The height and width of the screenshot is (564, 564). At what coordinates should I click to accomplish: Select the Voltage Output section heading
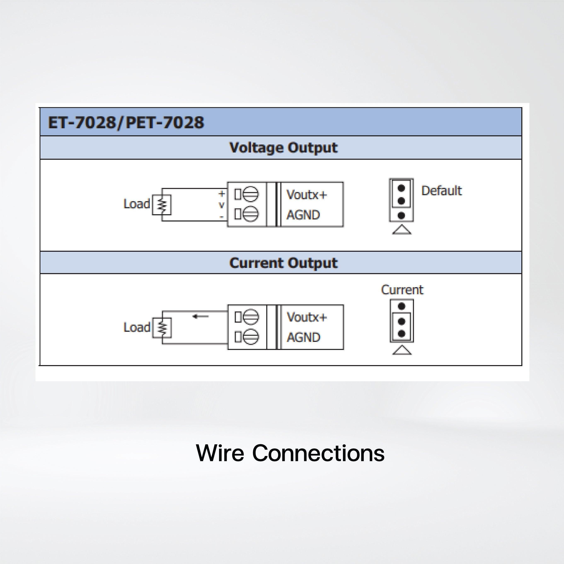point(283,148)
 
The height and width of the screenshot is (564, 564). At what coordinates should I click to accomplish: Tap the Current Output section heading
point(283,263)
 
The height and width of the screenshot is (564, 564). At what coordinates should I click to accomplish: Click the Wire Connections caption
point(290,453)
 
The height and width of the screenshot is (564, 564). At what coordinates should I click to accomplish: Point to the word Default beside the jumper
point(441,191)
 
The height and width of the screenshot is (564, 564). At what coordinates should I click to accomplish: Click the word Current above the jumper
point(402,290)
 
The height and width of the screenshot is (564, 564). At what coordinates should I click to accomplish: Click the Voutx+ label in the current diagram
point(306,317)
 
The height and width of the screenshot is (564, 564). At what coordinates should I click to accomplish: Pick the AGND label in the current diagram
point(304,338)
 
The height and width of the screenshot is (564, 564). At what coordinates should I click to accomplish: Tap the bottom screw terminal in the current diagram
point(251,337)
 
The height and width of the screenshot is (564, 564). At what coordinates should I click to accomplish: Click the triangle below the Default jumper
point(402,230)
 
